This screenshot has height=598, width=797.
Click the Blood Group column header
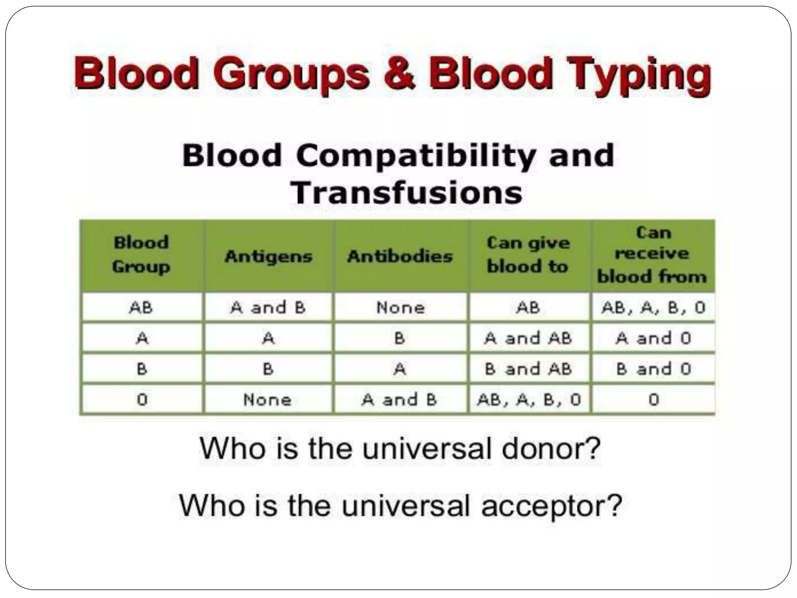tap(141, 255)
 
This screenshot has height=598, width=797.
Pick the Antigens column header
tap(269, 256)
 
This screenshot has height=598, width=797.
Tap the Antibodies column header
tap(400, 256)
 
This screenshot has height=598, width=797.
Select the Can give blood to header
tap(528, 255)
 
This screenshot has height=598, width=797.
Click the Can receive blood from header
tap(652, 255)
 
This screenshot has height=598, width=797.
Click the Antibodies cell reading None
tap(400, 308)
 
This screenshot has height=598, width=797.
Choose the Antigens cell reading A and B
tap(268, 308)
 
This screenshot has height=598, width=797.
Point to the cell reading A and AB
tap(528, 338)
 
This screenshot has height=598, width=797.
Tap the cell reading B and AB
tap(528, 369)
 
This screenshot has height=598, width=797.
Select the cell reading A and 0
tap(653, 338)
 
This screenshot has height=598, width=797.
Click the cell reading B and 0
tap(653, 369)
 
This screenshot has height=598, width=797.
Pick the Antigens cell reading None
tap(267, 400)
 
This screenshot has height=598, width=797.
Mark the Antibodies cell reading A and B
tap(400, 400)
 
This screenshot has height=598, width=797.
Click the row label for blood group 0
tap(142, 400)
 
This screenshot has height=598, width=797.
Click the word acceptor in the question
tap(551, 506)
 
